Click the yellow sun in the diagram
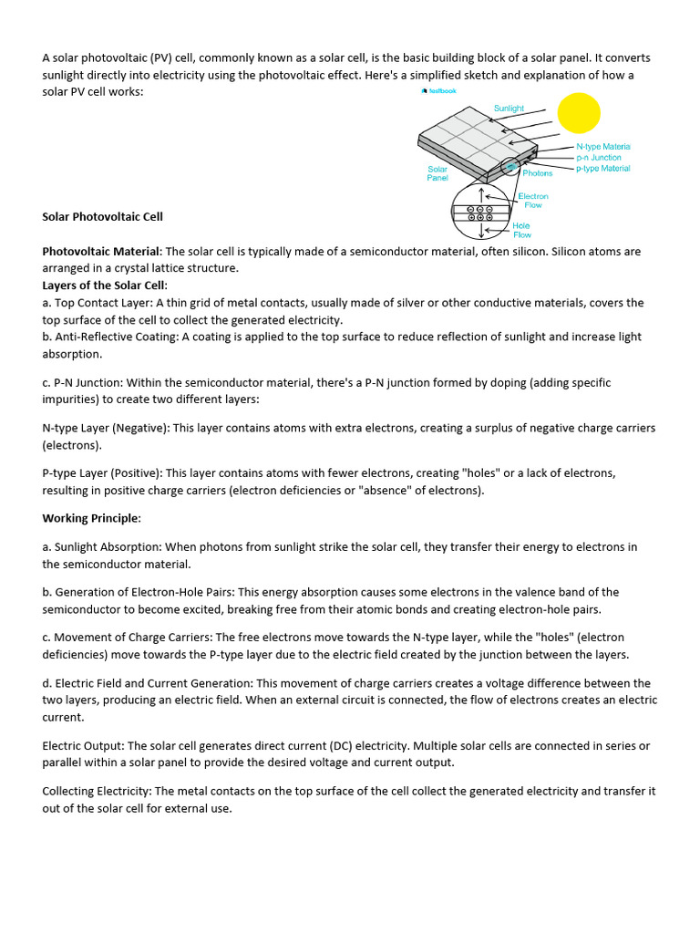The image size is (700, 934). [x=579, y=113]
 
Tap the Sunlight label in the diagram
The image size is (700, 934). [x=509, y=109]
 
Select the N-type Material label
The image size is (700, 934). [x=602, y=146]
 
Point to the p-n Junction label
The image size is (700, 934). [x=598, y=158]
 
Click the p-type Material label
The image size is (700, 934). [x=602, y=169]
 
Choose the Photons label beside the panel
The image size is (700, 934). [x=537, y=173]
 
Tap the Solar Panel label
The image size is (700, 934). [x=437, y=173]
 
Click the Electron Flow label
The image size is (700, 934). [x=533, y=201]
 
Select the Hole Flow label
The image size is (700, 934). [x=521, y=230]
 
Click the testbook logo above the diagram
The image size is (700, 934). [x=438, y=91]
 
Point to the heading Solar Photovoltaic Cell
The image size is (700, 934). [x=103, y=217]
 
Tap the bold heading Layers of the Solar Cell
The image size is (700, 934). [x=104, y=285]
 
